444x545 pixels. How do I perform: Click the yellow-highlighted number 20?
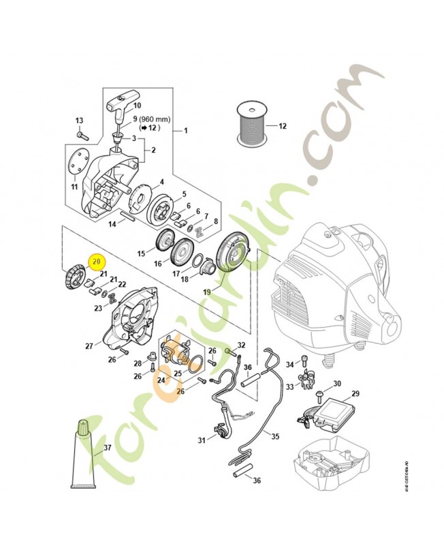[96, 260]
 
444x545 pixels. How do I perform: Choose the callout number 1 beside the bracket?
[185, 130]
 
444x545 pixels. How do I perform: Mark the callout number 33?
[289, 387]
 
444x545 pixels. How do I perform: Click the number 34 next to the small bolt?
[289, 364]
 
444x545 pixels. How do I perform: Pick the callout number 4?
[161, 182]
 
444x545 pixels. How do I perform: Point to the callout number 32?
[241, 345]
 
